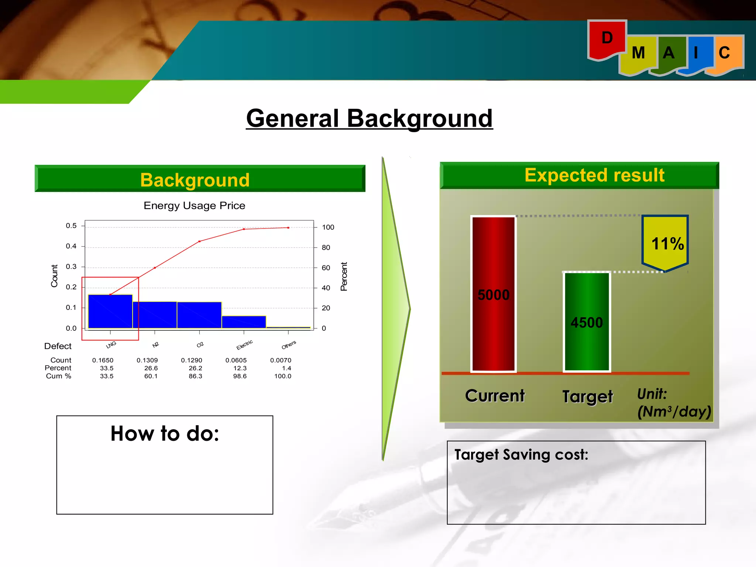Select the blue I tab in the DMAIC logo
click(x=698, y=54)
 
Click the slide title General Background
click(x=369, y=118)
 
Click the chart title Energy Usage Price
click(x=194, y=206)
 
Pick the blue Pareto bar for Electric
click(x=244, y=322)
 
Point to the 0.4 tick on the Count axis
click(x=71, y=246)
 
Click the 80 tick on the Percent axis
click(x=326, y=248)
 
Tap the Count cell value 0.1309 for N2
click(x=147, y=360)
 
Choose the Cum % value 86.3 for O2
click(x=195, y=376)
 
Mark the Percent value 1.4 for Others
click(x=286, y=368)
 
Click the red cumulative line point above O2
click(x=199, y=241)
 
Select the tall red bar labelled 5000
click(x=493, y=294)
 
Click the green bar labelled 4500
click(x=587, y=322)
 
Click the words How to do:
click(x=165, y=434)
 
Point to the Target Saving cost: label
click(x=521, y=455)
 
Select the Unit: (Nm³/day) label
click(x=673, y=403)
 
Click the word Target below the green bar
click(x=587, y=397)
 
